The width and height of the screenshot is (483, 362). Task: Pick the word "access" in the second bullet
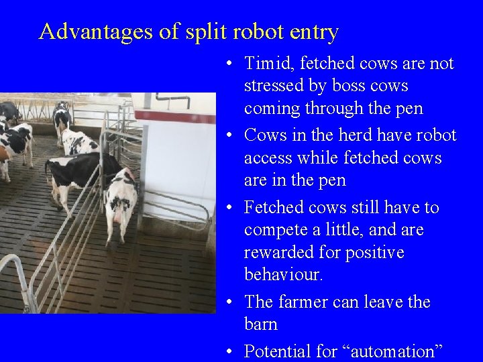[x=267, y=158]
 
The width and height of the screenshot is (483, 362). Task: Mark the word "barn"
[x=260, y=325]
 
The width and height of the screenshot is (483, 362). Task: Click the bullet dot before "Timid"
[x=229, y=64]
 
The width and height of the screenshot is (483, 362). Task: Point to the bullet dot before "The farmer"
[x=229, y=303]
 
